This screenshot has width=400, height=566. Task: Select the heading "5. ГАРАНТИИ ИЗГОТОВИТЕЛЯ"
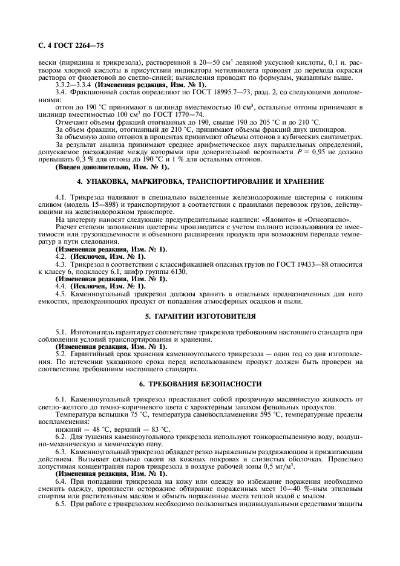pyautogui.click(x=200, y=316)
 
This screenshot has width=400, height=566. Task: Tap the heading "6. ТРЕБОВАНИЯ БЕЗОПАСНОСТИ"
pyautogui.click(x=200, y=383)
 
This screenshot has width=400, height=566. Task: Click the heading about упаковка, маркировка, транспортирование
pyautogui.click(x=200, y=181)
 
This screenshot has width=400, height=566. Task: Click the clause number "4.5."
pyautogui.click(x=62, y=294)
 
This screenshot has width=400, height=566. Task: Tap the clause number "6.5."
pyautogui.click(x=62, y=504)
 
